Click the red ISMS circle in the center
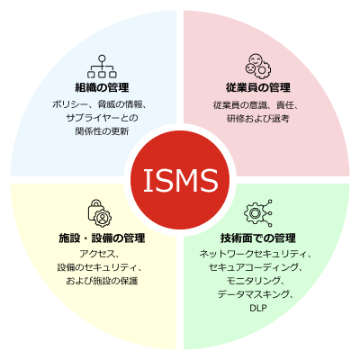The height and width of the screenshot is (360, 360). coord(180,180)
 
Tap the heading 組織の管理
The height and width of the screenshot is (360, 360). coord(102,87)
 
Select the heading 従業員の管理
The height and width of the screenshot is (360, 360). coord(258,87)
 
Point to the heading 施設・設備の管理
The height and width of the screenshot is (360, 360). coord(102,238)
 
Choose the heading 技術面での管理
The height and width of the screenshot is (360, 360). coord(258,238)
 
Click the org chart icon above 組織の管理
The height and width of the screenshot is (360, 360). coord(102,67)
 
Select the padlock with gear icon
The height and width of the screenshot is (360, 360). coord(100,213)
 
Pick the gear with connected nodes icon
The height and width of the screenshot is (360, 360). coord(258,213)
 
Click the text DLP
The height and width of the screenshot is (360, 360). coord(258,308)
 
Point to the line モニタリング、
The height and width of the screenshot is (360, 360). coord(255,281)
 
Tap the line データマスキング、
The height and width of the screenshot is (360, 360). coord(256,294)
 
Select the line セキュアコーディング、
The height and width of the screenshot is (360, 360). coord(255,267)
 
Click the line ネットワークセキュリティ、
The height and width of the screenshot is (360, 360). coord(255,254)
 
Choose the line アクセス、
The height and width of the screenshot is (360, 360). coord(99,254)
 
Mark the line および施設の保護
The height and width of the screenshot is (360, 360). coord(102,281)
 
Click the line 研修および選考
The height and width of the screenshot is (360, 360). coord(258,119)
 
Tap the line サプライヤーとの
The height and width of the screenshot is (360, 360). coord(102,118)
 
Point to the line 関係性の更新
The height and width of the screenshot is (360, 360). coord(102,131)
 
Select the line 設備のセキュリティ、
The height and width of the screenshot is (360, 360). coord(99,267)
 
